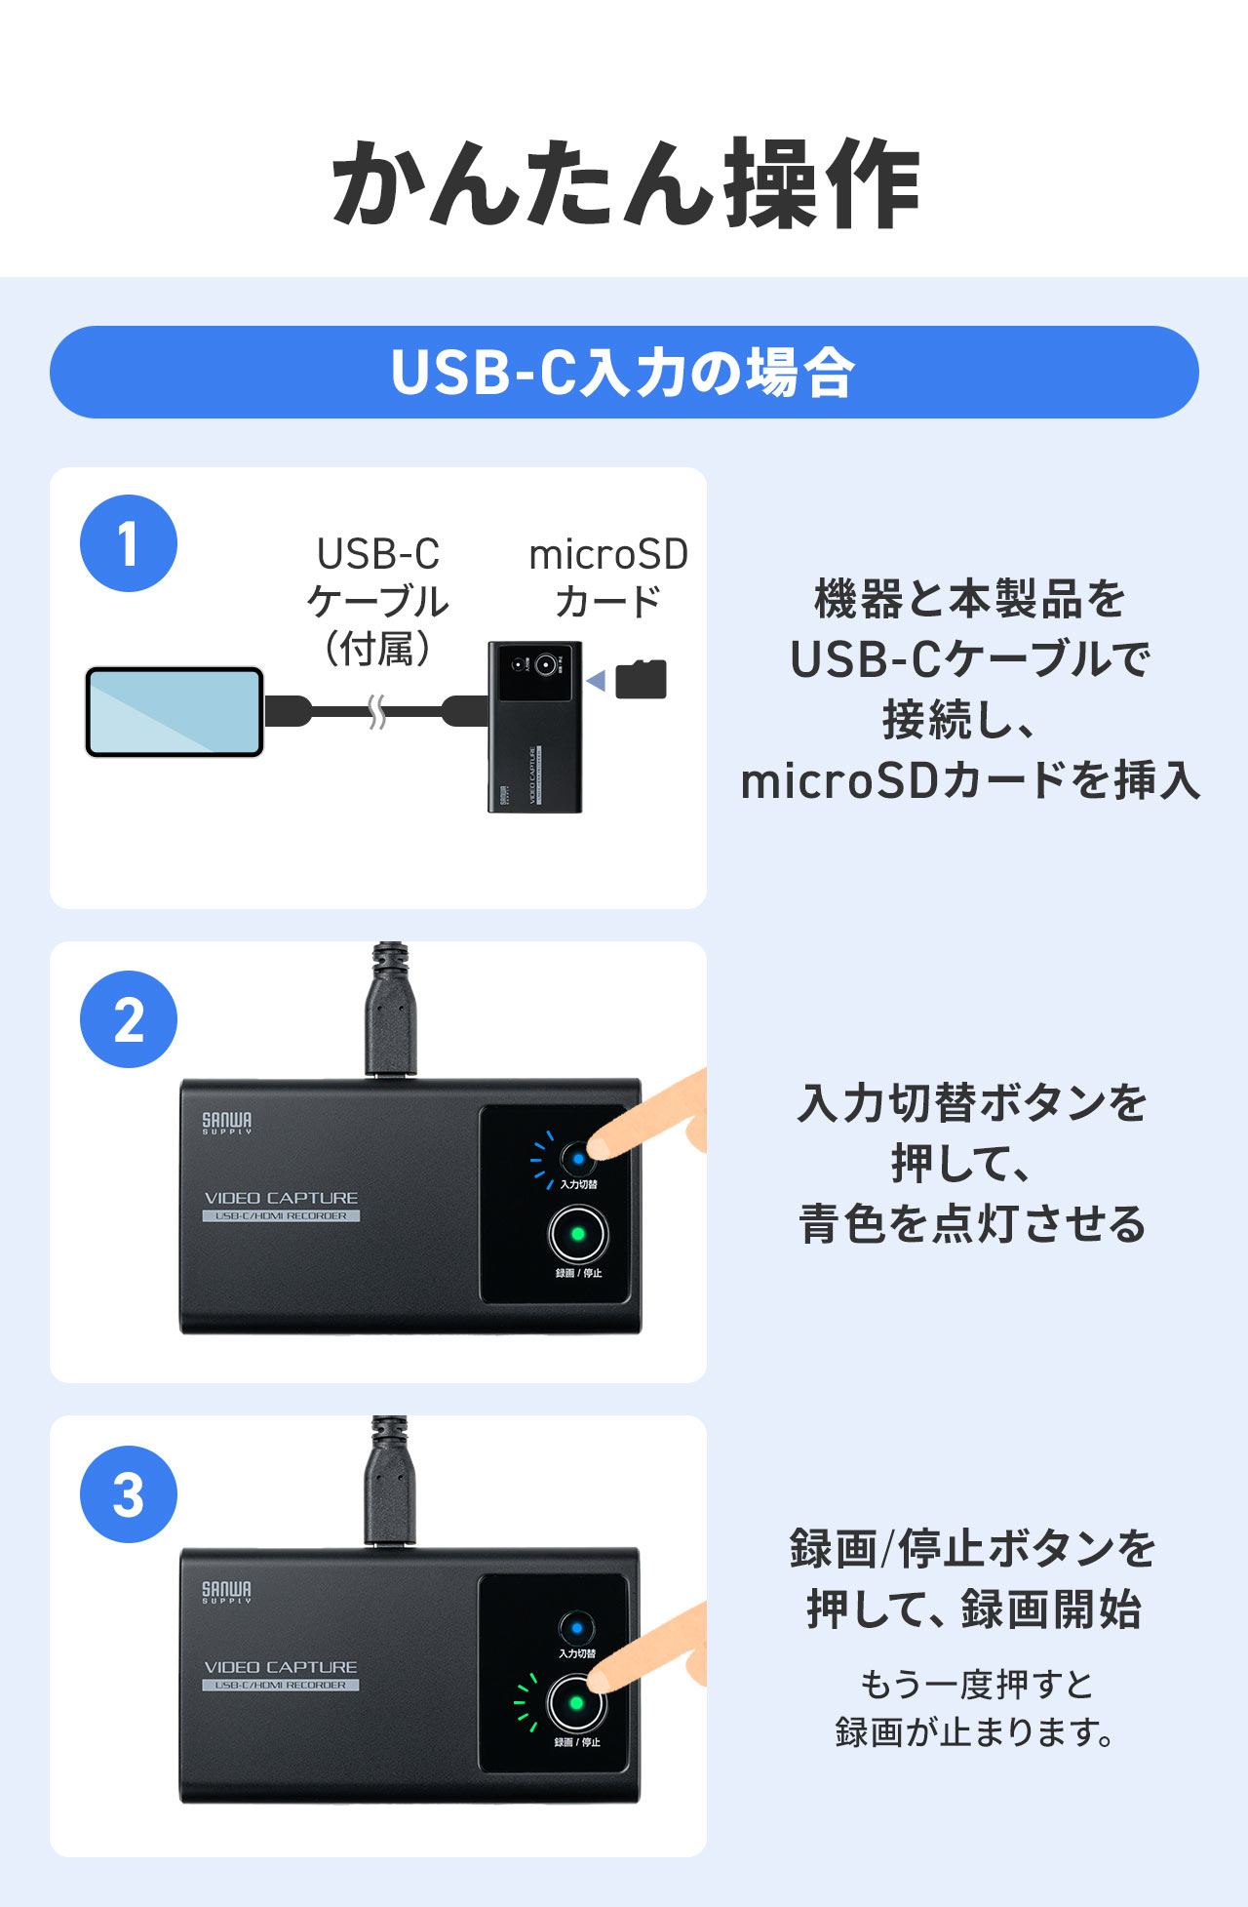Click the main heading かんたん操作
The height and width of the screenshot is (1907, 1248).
coord(625,183)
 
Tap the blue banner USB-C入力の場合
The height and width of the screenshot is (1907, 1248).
coord(624,372)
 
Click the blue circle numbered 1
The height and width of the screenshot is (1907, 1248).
coord(128,543)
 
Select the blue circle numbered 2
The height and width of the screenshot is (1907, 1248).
coord(128,1019)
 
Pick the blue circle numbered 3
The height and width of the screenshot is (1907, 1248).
coord(128,1493)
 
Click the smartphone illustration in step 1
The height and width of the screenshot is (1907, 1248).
coord(175,712)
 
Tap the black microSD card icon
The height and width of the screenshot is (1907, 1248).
coord(642,680)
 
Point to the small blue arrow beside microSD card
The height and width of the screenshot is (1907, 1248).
coord(597,680)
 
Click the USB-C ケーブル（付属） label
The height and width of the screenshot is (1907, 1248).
coord(378,601)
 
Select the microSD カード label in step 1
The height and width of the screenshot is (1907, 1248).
coord(608,577)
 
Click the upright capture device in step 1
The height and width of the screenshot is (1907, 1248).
coord(535,727)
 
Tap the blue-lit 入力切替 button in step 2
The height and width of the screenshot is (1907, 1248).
coord(578,1159)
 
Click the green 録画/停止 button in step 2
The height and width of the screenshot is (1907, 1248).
coord(578,1234)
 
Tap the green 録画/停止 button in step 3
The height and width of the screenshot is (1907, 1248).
coord(576,1703)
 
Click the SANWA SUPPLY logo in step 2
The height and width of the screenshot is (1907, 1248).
coord(227,1123)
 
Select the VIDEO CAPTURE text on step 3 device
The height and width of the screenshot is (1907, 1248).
coord(281,1667)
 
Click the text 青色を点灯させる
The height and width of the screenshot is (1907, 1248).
coord(972,1224)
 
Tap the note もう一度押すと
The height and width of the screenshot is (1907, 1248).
coord(976,1684)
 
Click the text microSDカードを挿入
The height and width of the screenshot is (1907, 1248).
coord(970,781)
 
